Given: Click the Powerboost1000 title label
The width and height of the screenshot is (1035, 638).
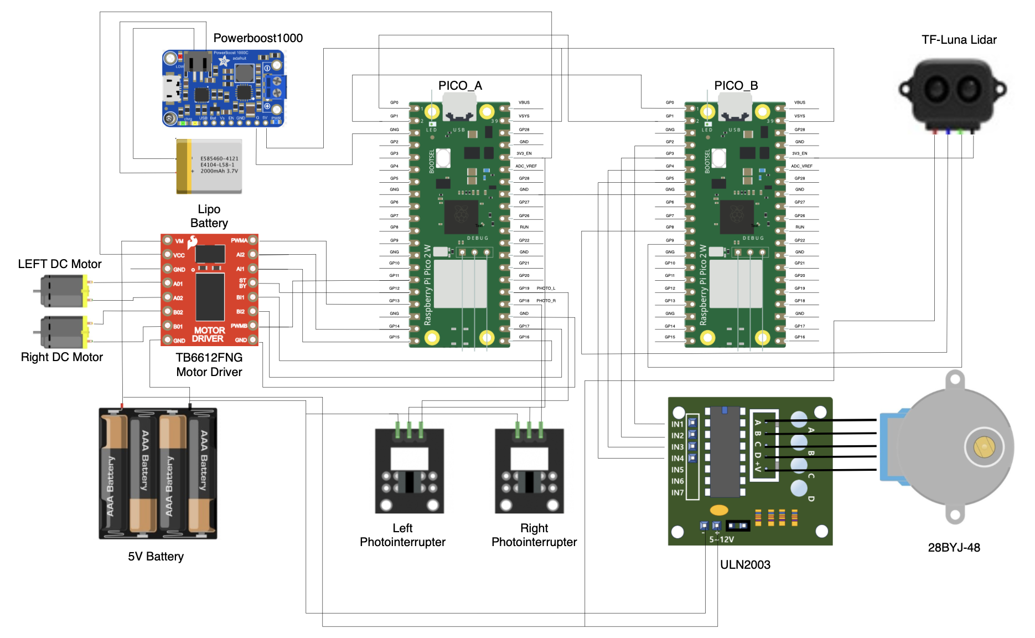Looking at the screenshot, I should click(x=258, y=38).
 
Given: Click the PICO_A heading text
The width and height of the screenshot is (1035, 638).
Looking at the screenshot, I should click(x=460, y=86).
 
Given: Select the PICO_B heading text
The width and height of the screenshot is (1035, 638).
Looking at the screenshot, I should click(x=736, y=86).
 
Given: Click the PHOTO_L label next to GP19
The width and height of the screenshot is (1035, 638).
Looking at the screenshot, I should click(x=546, y=289).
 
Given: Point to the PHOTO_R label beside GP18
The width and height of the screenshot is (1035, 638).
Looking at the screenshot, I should click(x=546, y=301).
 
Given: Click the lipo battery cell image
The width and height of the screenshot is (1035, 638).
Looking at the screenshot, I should click(x=209, y=166).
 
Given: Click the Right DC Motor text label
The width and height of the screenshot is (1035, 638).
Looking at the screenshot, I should click(x=62, y=357).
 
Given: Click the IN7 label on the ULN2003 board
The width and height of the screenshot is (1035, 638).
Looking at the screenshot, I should click(x=677, y=492).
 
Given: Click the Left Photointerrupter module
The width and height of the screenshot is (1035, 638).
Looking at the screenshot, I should click(x=410, y=471).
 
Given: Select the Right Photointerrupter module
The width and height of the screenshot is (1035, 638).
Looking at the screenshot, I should click(x=529, y=471).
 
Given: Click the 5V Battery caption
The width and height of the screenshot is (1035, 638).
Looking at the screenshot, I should click(x=156, y=557).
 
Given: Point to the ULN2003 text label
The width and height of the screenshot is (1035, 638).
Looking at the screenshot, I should click(x=745, y=565).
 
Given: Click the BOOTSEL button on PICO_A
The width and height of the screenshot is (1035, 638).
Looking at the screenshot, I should click(x=443, y=158).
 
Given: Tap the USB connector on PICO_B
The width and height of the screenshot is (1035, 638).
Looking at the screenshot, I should click(x=735, y=107).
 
